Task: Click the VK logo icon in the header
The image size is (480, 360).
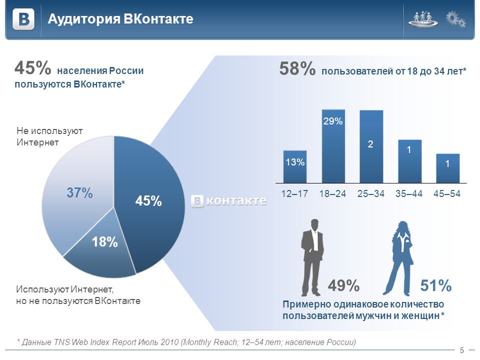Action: (23, 19)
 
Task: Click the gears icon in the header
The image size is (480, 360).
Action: (456, 19)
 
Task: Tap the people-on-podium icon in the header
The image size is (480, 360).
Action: (423, 19)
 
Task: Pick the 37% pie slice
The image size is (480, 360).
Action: (78, 193)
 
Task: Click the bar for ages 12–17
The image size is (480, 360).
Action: (295, 167)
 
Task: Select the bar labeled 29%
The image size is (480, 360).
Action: (333, 146)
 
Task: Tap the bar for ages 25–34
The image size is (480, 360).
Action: (371, 146)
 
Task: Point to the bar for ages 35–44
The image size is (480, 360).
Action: (409, 161)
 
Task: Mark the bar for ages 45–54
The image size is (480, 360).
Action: (447, 168)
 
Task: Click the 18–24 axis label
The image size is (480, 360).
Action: (333, 193)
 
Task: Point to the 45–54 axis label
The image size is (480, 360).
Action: (447, 193)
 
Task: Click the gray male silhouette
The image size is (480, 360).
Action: (312, 257)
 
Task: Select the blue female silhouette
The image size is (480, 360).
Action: (398, 258)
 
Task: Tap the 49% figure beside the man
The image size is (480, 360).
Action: (343, 285)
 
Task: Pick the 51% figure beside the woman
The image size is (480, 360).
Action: (436, 285)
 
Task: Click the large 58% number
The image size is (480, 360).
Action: (297, 68)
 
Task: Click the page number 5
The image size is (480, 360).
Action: (462, 350)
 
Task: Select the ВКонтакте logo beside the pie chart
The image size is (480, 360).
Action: (228, 201)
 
